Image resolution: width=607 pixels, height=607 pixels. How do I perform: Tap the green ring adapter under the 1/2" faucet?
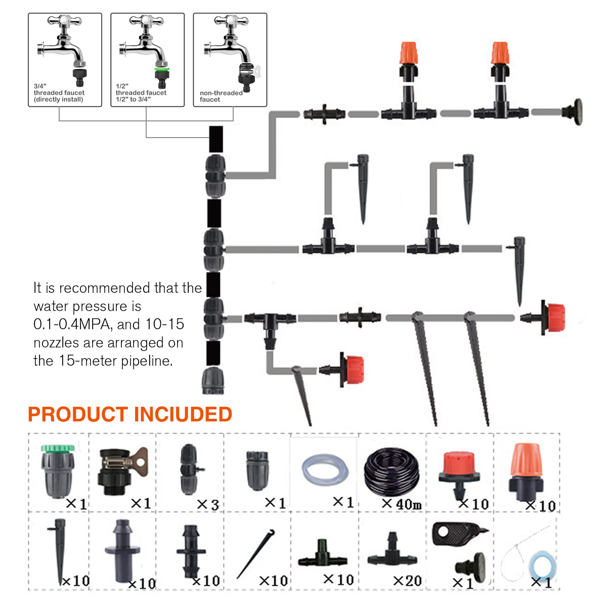pos(162,69)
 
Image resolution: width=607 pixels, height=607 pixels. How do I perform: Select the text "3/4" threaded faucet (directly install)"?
pos(59,93)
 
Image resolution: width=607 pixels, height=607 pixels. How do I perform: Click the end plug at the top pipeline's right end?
pos(573,110)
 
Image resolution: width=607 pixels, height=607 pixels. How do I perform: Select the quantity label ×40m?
pos(402,504)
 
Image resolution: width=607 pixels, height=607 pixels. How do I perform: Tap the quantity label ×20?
pos(407,581)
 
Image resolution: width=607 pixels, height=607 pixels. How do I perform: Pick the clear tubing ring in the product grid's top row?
pos(325,470)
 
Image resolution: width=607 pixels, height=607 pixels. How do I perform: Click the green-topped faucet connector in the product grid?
pos(58,470)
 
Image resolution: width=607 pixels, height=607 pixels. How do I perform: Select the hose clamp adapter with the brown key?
pos(122,470)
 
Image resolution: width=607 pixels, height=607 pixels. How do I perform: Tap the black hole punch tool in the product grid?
pos(458,534)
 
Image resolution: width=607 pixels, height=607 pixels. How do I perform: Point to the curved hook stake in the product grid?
pos(256,553)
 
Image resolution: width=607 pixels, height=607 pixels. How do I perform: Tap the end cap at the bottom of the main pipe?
pos(212,380)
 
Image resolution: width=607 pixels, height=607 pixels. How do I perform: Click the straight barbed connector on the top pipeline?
pos(324,114)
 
